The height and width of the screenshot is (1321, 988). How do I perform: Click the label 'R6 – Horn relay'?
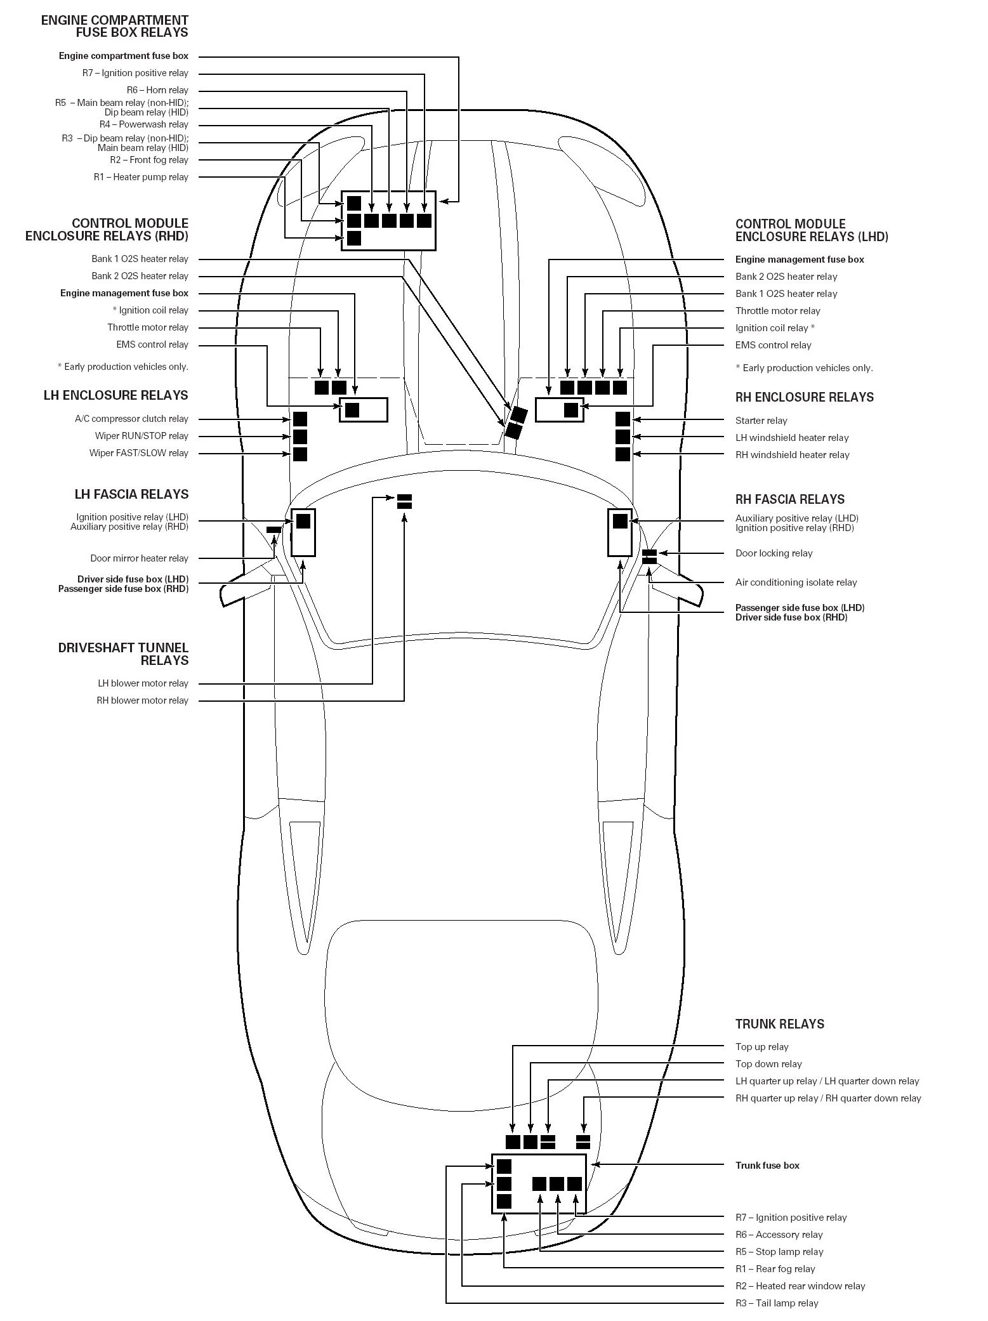pos(157,90)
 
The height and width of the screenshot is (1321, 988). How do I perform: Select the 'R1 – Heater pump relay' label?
pos(141,177)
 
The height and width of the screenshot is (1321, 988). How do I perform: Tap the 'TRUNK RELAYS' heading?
pos(779,1023)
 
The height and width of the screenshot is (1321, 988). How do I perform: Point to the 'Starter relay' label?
pos(761,421)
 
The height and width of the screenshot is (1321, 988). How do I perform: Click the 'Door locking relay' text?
pos(774,553)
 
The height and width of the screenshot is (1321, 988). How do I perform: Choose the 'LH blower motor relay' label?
pos(143,683)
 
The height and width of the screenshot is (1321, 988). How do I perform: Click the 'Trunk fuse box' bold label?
pos(767,1165)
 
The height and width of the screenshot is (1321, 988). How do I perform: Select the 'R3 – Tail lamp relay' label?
pos(777,1303)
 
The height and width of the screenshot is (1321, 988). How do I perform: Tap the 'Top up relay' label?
pos(761,1047)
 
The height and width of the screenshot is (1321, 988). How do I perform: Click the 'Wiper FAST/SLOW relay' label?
pos(138,453)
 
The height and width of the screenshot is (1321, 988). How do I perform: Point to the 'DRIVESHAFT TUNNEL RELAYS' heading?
pos(123,654)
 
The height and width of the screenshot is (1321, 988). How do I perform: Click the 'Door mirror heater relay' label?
pos(139,558)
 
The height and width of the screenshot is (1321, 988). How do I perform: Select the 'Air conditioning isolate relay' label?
pos(796,582)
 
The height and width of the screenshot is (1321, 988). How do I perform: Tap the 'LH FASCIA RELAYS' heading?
pos(131,494)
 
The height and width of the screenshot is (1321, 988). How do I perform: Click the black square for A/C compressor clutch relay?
pos(300,419)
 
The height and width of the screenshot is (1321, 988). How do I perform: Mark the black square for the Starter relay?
pos(622,419)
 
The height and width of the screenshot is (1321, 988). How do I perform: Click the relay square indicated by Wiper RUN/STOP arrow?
pos(300,437)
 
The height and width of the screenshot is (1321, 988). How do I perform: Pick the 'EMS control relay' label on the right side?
pos(773,345)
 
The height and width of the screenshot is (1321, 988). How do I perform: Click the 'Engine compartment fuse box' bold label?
pos(124,56)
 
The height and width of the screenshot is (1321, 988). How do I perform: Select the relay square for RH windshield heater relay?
pos(622,454)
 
